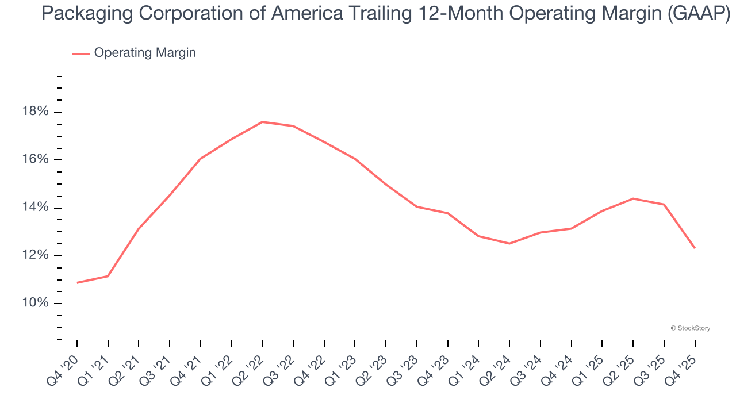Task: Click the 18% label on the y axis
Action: [34, 112]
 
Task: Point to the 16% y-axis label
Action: [34, 159]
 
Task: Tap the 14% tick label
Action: [34, 208]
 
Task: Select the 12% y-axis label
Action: [34, 255]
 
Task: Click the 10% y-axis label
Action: [34, 304]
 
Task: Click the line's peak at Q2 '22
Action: [262, 122]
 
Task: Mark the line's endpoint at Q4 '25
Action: [695, 248]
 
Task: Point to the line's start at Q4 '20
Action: [77, 282]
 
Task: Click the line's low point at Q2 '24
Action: [509, 243]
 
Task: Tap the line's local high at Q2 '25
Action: [633, 198]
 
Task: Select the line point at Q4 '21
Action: [201, 159]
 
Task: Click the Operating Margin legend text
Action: [145, 53]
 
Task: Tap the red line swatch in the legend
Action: [80, 53]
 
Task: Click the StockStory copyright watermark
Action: [690, 328]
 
